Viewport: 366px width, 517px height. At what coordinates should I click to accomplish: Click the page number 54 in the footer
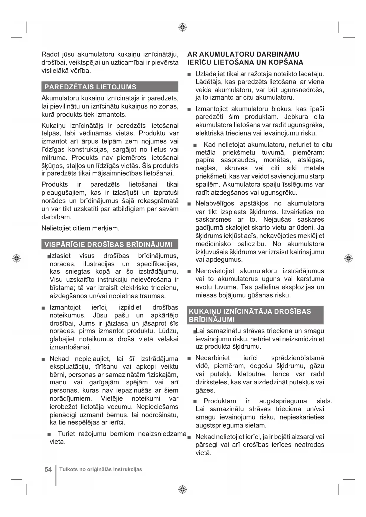48,470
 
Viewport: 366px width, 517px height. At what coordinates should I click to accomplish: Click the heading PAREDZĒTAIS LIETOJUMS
90,87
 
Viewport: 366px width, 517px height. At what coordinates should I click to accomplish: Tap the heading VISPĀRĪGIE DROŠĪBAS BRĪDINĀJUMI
108,245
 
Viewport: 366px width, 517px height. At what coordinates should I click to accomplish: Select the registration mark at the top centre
183,27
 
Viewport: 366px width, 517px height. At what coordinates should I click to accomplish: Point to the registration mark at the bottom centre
183,490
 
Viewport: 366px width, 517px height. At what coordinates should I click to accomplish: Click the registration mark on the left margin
17,258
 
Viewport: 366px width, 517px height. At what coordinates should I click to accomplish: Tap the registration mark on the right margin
349,258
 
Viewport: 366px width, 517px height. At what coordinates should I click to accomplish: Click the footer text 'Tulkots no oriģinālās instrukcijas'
101,470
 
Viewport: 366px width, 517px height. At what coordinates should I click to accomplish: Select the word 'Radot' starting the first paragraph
50,55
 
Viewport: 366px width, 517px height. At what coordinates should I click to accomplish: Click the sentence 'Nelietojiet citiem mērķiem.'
81,228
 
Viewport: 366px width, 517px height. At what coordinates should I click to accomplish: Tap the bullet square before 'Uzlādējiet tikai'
189,74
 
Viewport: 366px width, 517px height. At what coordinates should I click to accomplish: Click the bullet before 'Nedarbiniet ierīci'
189,359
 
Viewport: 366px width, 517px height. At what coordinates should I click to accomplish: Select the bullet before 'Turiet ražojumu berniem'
49,434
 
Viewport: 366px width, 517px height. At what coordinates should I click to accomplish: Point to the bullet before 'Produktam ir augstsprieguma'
195,402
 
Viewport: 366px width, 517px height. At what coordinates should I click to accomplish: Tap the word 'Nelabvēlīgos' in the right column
215,204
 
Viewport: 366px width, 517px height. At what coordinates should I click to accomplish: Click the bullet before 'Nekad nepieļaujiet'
43,360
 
